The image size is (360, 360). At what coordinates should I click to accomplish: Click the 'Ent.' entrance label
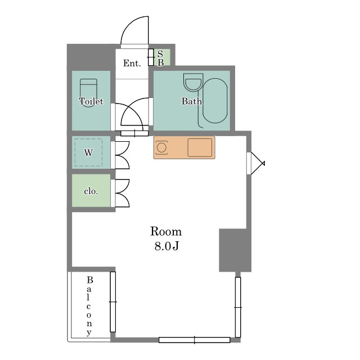pos(132,63)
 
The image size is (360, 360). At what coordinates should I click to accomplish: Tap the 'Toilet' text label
pos(91,101)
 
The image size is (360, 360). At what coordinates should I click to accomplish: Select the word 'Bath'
pos(192,101)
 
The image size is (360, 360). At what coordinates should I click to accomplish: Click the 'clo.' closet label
pos(91,191)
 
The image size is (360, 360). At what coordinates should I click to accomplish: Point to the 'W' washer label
pos(89,153)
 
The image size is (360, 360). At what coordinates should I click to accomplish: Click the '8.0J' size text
pos(166,246)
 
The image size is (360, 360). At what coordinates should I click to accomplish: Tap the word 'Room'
pos(166,231)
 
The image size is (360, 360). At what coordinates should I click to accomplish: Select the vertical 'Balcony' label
pos(89,306)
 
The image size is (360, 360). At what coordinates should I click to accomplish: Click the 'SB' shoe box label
pos(160,58)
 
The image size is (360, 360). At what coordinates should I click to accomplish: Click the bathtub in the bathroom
pos(215,101)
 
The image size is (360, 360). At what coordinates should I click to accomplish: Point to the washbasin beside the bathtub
pos(193,82)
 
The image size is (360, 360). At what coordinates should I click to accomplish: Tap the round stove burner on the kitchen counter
pos(161,147)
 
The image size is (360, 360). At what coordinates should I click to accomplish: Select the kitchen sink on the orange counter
pos(200,147)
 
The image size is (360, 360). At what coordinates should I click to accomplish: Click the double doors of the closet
pos(123,193)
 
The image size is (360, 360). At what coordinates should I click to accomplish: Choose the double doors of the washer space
pos(123,155)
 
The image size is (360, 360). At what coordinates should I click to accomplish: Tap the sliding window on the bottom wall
pos(194,340)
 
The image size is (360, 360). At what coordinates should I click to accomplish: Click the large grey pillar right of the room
pos(235,250)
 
